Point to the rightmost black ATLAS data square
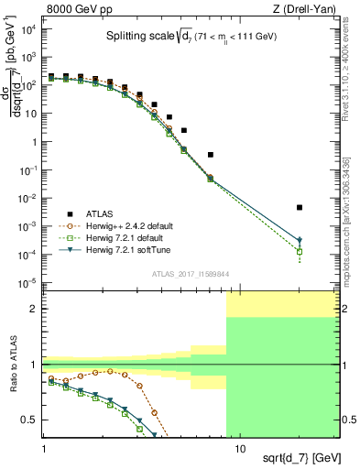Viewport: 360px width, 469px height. tap(300, 208)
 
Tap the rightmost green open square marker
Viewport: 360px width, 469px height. tap(300, 251)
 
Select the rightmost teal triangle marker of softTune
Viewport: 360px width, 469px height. tap(300, 241)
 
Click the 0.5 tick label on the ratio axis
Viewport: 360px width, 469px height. tap(29, 420)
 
